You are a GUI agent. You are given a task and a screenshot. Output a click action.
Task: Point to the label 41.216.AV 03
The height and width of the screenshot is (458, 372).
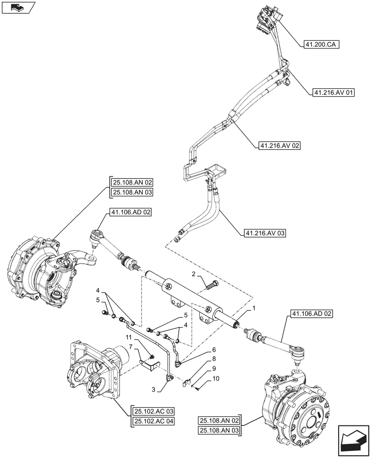click(x=265, y=234)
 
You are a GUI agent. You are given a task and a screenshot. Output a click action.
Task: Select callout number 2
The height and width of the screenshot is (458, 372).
click(x=194, y=274)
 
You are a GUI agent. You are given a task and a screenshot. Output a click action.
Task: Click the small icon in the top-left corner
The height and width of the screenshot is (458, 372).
click(x=18, y=8)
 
